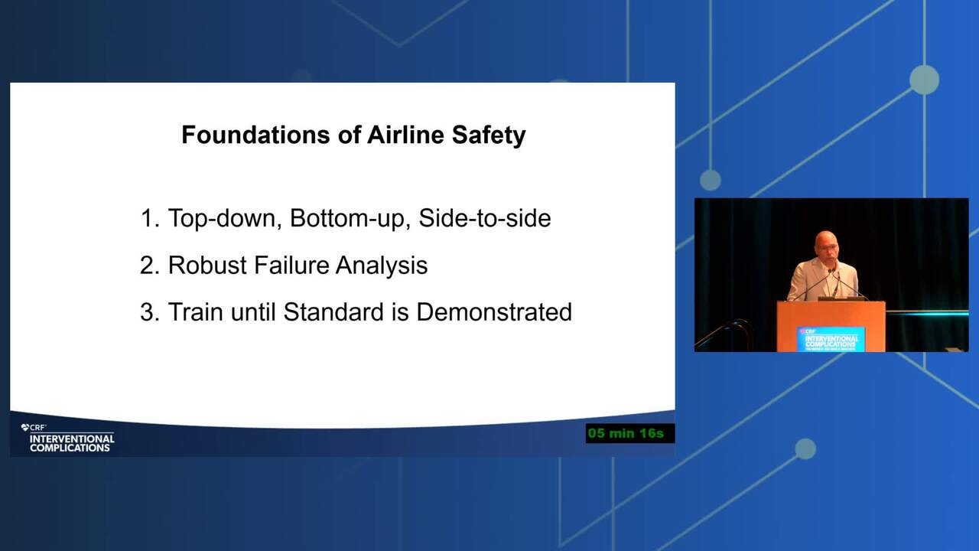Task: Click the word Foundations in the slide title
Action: coord(255,135)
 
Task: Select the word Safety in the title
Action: coord(489,135)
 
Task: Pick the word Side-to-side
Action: coord(485,218)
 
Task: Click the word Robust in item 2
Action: coord(207,265)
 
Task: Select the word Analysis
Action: coord(382,266)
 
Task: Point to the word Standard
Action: coord(333,311)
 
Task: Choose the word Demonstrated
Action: coord(494,311)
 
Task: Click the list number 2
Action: coord(149,265)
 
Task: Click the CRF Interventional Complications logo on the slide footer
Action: coord(68,439)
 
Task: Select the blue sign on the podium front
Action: coord(831,339)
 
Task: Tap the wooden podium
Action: coord(831,326)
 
